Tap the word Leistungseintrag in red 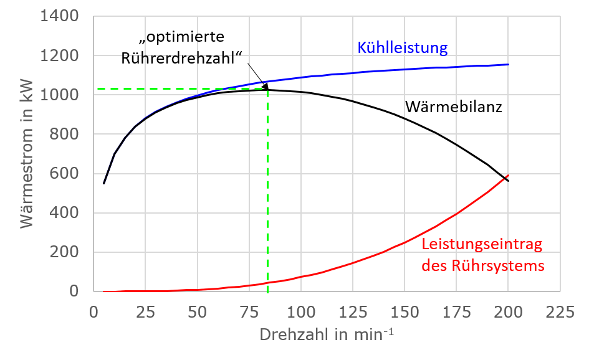(482, 245)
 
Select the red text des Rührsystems (483, 266)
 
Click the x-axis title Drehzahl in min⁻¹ (327, 334)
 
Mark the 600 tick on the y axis (64, 173)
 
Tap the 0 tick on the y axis (74, 291)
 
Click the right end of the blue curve (509, 64)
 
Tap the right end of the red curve (509, 176)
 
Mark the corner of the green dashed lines (267, 89)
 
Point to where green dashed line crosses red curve (267, 283)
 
